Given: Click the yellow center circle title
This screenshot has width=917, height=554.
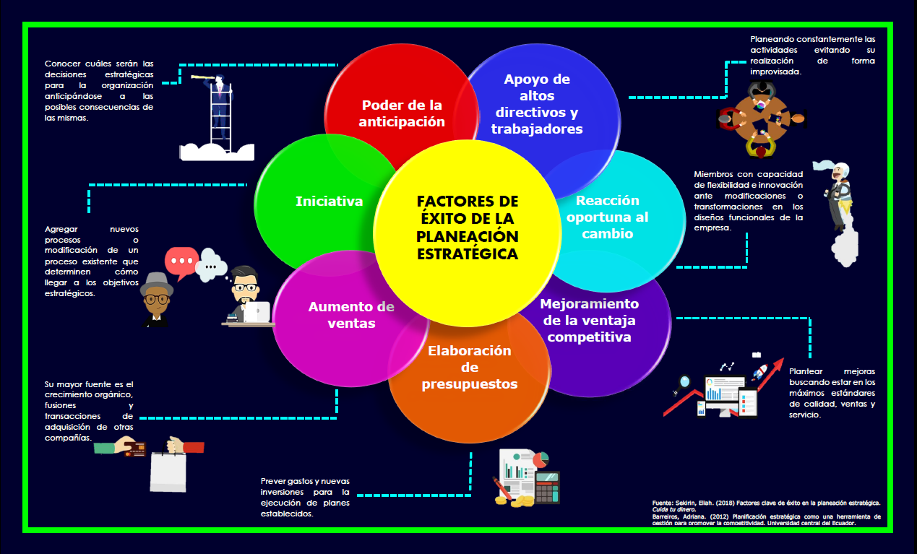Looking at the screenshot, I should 468,228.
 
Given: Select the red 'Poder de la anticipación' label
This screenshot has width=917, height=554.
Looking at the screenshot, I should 402,113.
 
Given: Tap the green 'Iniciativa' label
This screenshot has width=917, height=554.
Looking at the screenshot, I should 329,202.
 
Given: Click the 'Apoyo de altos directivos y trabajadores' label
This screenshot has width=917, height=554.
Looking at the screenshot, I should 537,104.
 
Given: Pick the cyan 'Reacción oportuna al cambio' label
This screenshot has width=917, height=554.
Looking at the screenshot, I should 608,217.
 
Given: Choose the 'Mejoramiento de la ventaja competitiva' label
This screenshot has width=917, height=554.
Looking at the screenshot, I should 589,320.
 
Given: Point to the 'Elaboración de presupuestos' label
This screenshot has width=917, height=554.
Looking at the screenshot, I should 469,367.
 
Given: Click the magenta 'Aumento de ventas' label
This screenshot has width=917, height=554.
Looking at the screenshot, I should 351,314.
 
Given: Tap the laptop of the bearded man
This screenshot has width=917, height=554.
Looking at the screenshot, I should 256,311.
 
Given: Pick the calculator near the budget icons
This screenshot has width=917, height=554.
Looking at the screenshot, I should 547,488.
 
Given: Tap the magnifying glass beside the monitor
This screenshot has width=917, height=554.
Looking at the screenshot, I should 684,383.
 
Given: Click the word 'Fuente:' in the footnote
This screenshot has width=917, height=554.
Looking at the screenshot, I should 661,502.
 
